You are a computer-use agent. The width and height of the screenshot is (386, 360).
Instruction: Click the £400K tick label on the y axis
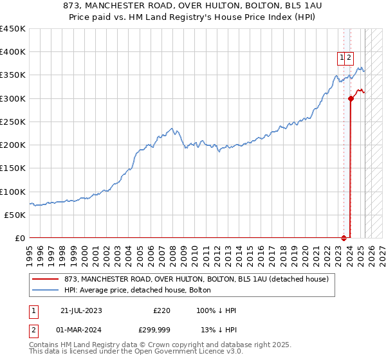click(12, 52)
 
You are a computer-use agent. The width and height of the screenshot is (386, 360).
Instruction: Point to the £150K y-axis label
click(12, 168)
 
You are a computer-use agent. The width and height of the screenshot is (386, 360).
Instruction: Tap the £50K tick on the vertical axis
click(15, 215)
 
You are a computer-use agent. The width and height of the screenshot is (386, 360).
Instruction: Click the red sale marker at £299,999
click(351, 98)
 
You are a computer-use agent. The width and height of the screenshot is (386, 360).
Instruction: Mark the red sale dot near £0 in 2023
click(344, 238)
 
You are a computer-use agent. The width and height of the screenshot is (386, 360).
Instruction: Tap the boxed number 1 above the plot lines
click(342, 57)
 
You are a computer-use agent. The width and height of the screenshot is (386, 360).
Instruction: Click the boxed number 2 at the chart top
click(349, 57)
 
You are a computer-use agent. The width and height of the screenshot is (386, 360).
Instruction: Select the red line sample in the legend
click(46, 279)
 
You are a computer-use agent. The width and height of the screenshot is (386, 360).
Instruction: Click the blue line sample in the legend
click(46, 290)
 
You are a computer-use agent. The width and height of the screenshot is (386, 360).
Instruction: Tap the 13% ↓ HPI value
click(219, 330)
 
